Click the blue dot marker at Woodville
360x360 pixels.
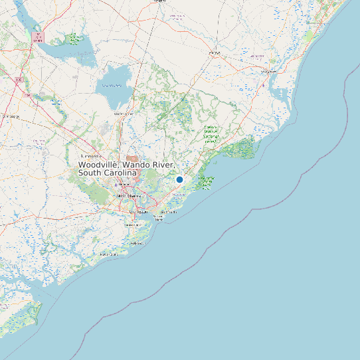click(179, 179)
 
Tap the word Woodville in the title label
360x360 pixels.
click(98, 164)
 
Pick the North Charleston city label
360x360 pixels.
click(123, 183)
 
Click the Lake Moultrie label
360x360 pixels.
click(112, 85)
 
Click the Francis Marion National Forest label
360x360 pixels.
click(211, 134)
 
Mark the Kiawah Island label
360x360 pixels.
click(109, 254)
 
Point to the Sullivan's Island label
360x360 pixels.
click(159, 217)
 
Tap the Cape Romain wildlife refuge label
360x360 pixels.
click(206, 183)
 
